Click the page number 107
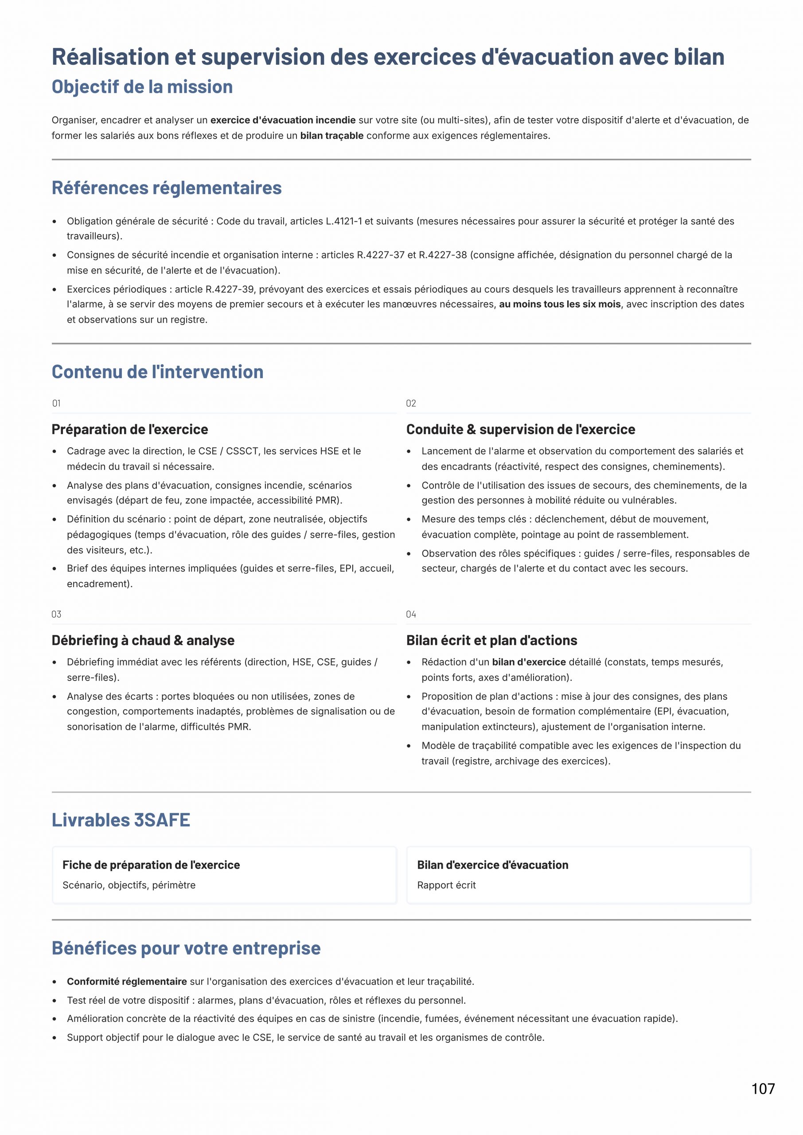coord(763,1088)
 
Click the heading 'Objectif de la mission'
coord(142,87)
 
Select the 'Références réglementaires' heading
coord(167,188)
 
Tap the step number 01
coord(56,403)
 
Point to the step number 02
coord(411,403)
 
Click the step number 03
coord(56,614)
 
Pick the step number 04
coord(411,614)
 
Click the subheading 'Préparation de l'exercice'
coord(129,429)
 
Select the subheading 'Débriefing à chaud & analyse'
coord(143,641)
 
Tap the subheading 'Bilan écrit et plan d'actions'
coord(491,641)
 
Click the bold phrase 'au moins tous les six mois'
coord(560,304)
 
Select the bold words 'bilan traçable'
coord(332,136)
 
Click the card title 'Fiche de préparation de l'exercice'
coord(151,865)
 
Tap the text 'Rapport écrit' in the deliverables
coord(446,885)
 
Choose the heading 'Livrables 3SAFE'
coord(121,820)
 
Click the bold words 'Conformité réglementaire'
coord(127,981)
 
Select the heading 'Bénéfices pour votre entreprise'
coord(186,948)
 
